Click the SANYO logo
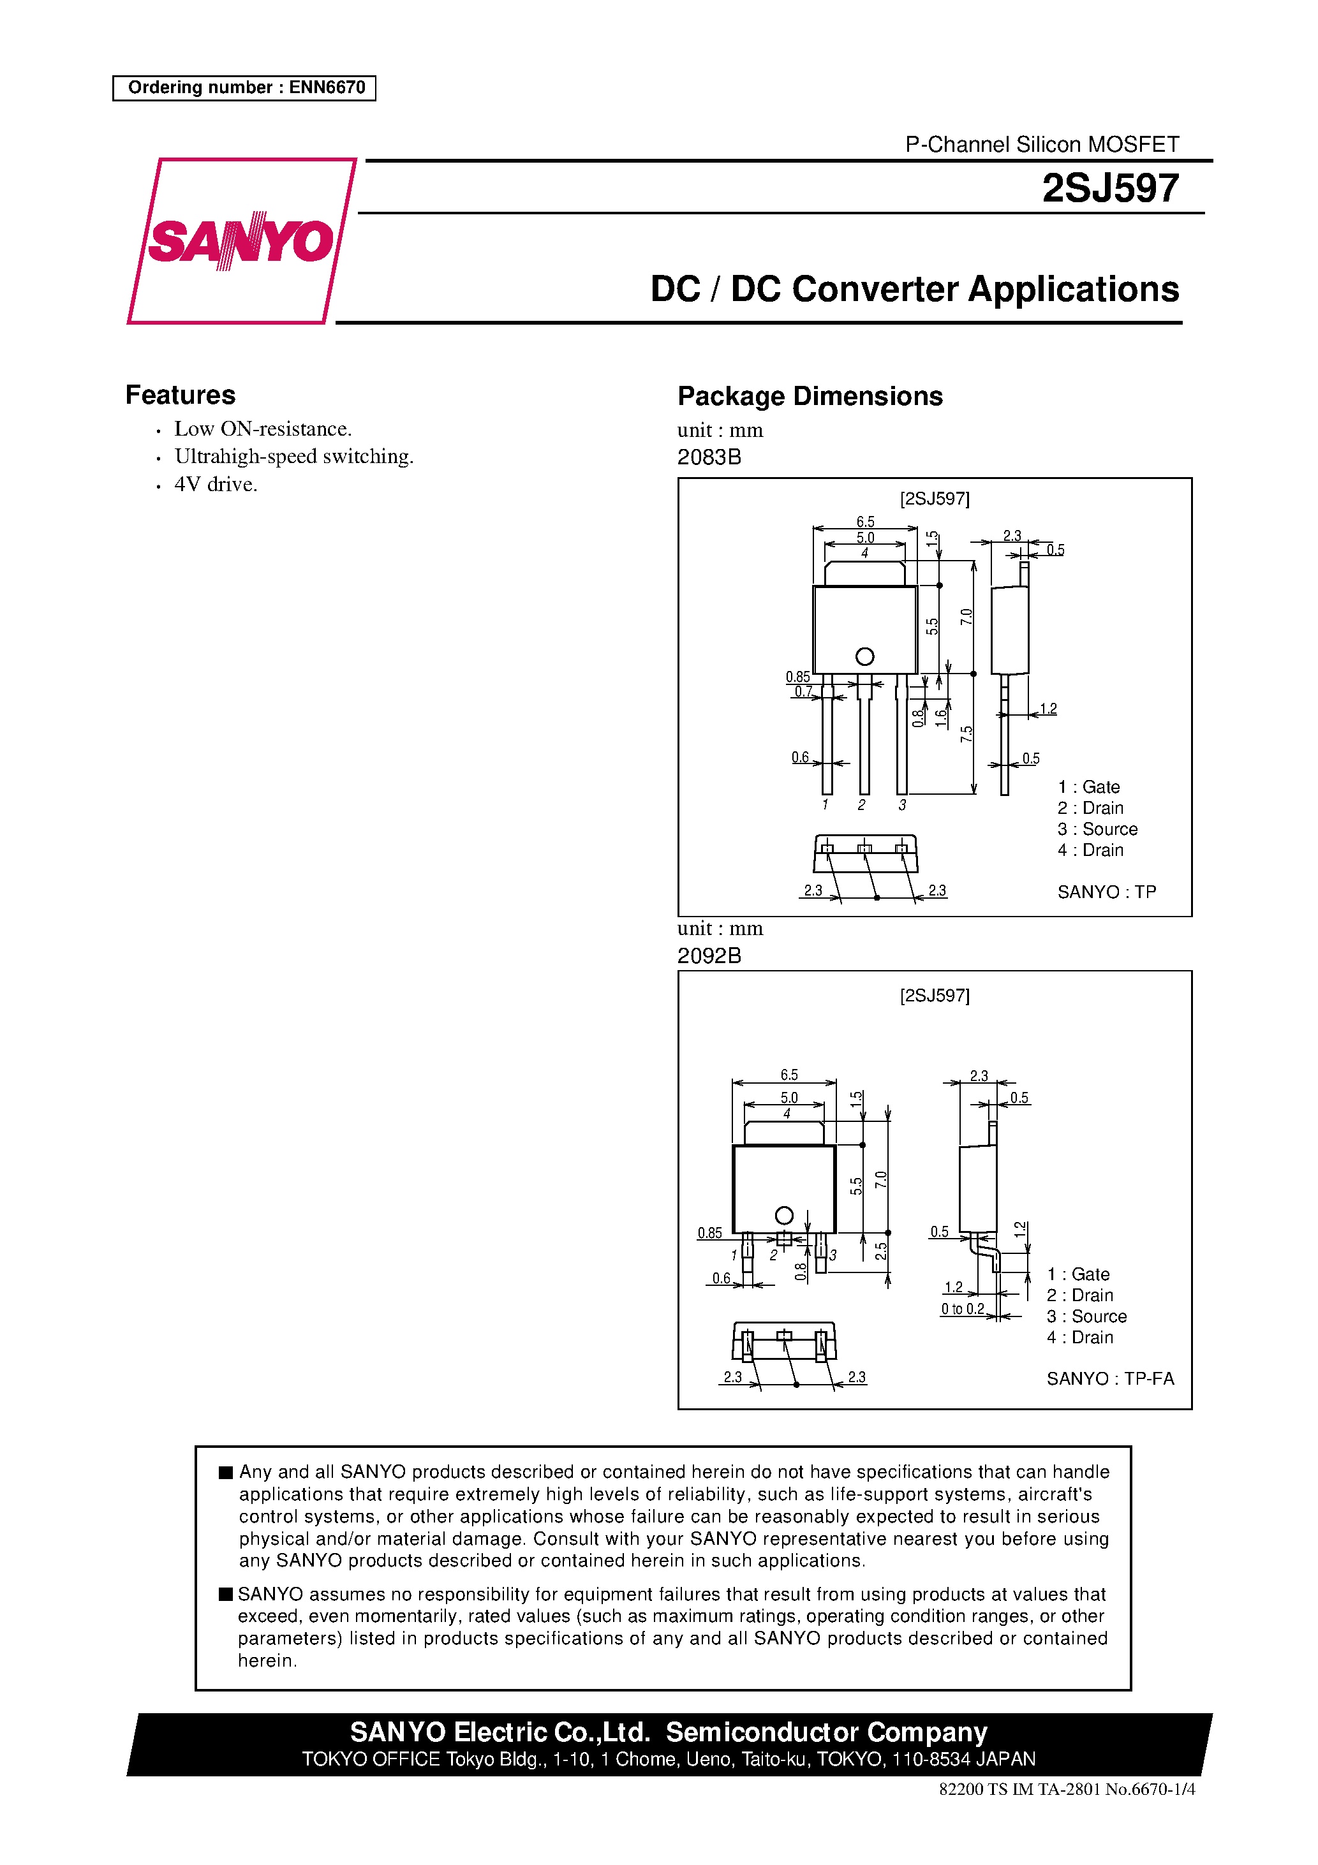[x=241, y=241]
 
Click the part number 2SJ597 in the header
[x=1109, y=188]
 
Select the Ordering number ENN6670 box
[x=244, y=88]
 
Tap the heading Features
[x=181, y=395]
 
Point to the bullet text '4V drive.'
[x=216, y=484]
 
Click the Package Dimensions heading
[x=810, y=395]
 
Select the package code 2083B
[x=709, y=457]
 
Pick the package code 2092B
[x=709, y=956]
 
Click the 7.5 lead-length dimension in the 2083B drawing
[x=965, y=734]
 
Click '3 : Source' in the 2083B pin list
[x=1097, y=829]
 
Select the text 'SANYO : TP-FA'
[x=1110, y=1378]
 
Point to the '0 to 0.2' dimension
[x=963, y=1309]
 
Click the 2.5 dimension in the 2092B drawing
[x=880, y=1251]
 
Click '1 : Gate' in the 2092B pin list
[x=1077, y=1274]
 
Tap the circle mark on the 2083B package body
[x=864, y=656]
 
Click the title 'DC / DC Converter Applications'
[x=914, y=289]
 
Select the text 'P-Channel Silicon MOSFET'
[x=1042, y=145]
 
